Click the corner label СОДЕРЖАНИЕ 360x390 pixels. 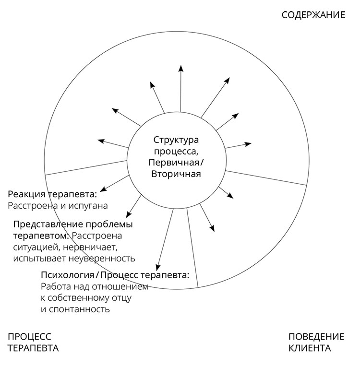click(x=313, y=15)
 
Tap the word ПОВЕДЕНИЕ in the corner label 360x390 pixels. click(x=316, y=337)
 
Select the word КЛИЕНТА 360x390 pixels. click(x=310, y=348)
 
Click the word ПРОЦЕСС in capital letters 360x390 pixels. click(x=29, y=337)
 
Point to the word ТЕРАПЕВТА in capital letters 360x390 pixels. click(x=33, y=348)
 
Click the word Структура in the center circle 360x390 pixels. click(x=176, y=140)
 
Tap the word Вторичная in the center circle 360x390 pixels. click(x=176, y=174)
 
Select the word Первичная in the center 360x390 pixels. click(x=174, y=163)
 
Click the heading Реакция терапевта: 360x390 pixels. click(x=52, y=194)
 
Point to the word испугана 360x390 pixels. click(x=88, y=206)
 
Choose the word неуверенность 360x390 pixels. click(x=102, y=259)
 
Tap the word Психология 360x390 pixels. click(x=68, y=275)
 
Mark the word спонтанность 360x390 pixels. click(x=79, y=309)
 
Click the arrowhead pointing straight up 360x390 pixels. click(x=181, y=68)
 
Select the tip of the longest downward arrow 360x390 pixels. click(x=157, y=270)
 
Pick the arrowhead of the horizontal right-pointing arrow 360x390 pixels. click(x=251, y=143)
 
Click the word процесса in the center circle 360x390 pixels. click(x=176, y=151)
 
